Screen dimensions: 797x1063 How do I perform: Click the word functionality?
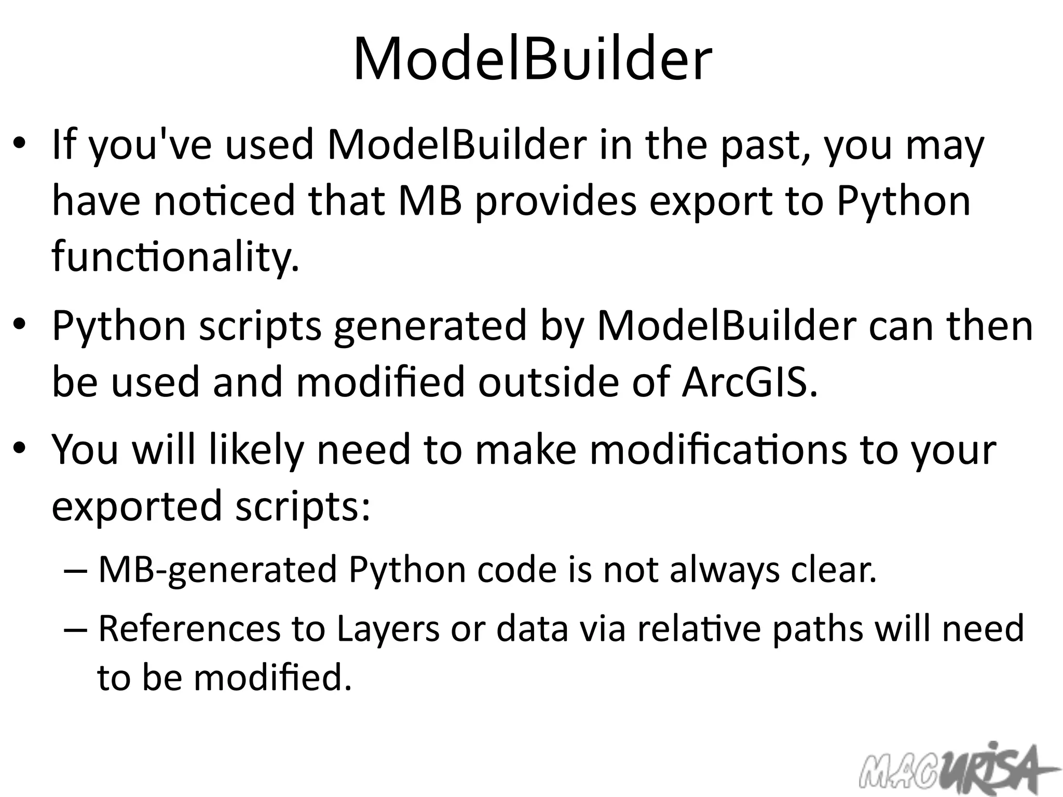click(175, 258)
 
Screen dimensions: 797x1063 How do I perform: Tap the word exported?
click(137, 506)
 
